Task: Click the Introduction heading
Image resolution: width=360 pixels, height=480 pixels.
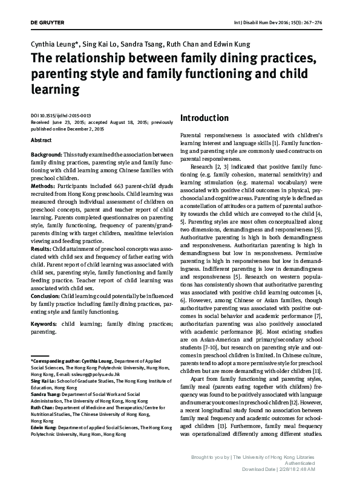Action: (205, 118)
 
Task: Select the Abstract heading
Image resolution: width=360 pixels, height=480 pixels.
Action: (41, 140)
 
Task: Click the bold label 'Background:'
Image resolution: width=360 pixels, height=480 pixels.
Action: (47, 155)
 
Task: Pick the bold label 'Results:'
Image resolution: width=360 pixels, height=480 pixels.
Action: (42, 247)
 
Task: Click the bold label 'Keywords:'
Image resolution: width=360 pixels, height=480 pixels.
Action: (46, 323)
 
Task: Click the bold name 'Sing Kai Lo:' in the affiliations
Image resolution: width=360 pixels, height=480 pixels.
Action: (46, 383)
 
